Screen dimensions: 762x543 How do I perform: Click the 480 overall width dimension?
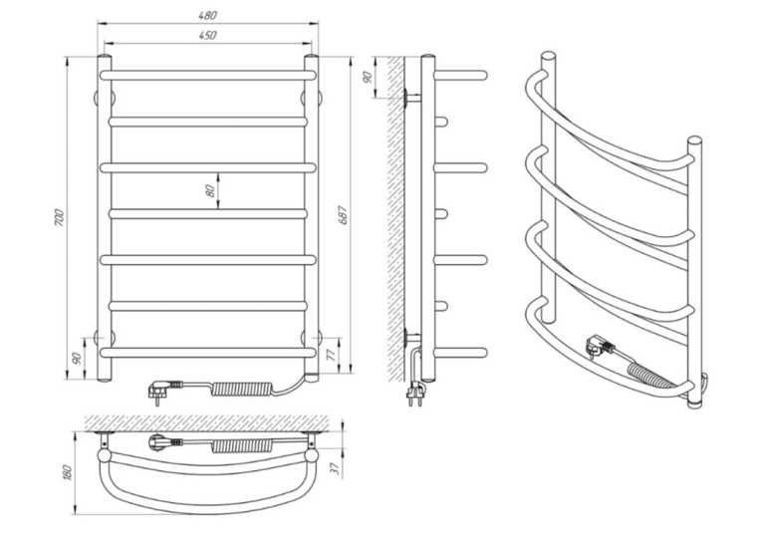(207, 15)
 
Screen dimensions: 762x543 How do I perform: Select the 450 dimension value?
(207, 35)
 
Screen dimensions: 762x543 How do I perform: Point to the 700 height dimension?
(59, 217)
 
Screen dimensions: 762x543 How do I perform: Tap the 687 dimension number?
(343, 215)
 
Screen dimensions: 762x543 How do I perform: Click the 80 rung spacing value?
(210, 190)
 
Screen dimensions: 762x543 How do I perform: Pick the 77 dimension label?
(332, 355)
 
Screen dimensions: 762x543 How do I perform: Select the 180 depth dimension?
(67, 472)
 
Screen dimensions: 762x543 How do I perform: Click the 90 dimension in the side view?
(368, 77)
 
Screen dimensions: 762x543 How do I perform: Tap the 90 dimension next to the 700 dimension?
(77, 359)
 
